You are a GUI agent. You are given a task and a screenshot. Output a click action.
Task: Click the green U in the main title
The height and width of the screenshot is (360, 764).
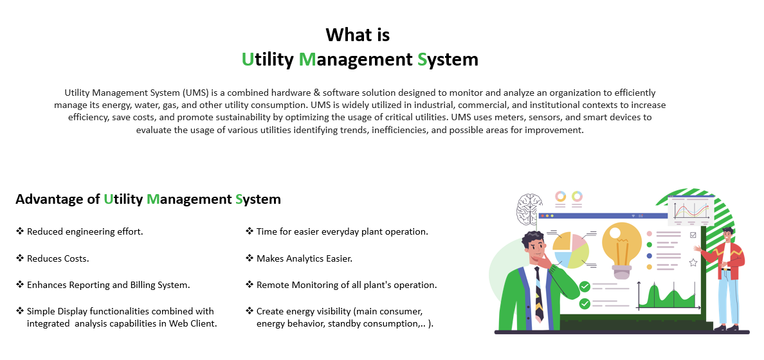click(248, 59)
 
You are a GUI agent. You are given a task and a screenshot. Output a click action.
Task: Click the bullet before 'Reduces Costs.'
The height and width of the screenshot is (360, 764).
click(20, 258)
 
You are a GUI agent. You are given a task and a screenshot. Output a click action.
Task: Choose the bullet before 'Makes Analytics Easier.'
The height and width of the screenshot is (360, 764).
click(250, 258)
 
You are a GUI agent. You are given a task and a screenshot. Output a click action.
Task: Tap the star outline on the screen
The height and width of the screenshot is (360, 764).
click(693, 262)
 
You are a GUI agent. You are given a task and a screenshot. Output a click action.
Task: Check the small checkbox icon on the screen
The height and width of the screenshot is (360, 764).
click(693, 235)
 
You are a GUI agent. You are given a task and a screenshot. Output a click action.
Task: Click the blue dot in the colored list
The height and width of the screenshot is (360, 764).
click(649, 256)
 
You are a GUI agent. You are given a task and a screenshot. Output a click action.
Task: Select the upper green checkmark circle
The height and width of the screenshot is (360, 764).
click(585, 287)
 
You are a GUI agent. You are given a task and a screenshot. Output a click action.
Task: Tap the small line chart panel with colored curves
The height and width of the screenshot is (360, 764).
click(691, 210)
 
